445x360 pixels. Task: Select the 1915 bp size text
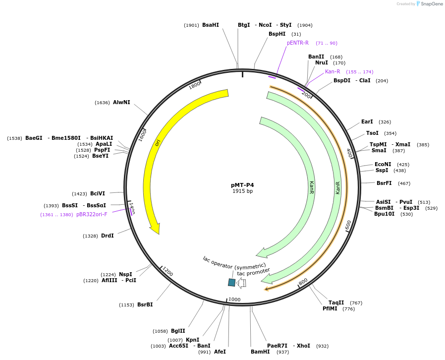coord(242,191)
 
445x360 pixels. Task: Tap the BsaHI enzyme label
coord(210,25)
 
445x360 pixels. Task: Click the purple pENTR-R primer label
coord(297,43)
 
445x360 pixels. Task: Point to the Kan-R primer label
coord(333,71)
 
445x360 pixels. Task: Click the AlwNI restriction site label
coord(121,102)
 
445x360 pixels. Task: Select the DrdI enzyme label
coord(108,236)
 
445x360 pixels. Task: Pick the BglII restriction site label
coord(178,331)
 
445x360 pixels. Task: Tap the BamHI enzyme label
coord(260,352)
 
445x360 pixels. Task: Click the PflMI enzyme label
coord(330,308)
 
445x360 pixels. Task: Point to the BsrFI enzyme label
coord(384,183)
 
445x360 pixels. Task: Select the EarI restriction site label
coord(367,121)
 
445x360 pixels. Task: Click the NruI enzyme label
coord(321,62)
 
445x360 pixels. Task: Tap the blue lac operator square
coord(231,282)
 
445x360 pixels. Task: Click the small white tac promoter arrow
coord(241,283)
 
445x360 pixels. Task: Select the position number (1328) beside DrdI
coord(90,236)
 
